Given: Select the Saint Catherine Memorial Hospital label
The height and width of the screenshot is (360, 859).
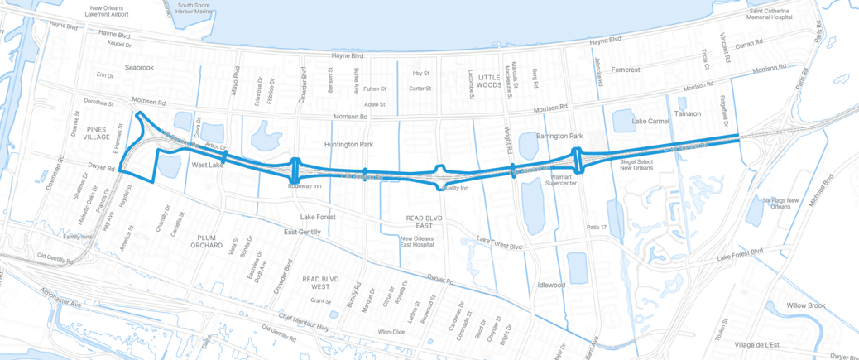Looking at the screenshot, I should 770,13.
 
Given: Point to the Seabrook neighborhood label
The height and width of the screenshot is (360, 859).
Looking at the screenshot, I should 139,67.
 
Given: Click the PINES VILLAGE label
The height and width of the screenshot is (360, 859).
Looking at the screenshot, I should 97,133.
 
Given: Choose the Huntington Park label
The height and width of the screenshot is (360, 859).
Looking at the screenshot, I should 348,144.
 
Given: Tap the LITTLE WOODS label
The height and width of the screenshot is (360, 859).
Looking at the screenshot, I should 489,80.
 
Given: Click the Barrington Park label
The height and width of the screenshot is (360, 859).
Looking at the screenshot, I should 559,136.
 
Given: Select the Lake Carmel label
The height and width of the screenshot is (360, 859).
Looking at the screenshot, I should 650,121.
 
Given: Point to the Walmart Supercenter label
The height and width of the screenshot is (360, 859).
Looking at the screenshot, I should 559,180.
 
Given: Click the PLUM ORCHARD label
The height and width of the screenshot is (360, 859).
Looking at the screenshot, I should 206,241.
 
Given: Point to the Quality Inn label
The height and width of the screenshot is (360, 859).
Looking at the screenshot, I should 456,188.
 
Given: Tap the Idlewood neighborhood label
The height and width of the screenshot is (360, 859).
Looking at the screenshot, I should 551,285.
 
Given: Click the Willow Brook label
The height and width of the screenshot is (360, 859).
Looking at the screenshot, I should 806,305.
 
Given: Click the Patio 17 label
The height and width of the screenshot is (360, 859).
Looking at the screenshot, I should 597,227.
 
